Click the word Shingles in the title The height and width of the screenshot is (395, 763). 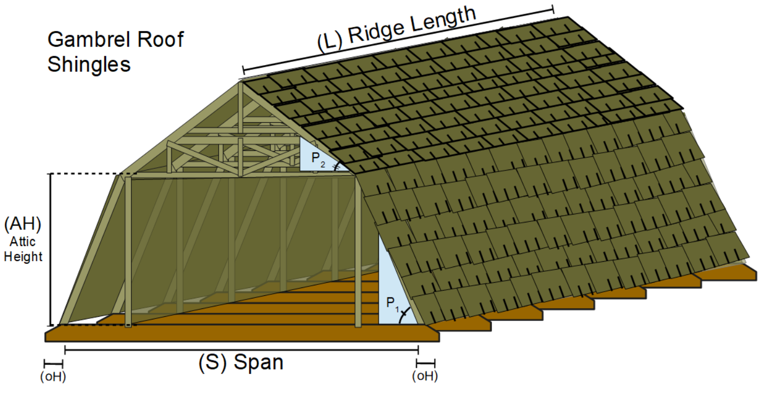point(89,64)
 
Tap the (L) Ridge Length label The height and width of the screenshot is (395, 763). point(397,31)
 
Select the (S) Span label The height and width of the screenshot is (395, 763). point(241,362)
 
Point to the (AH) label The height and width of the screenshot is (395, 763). point(23,224)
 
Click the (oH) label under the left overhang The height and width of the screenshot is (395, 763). point(53,376)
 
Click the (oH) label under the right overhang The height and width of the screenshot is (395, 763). point(426,376)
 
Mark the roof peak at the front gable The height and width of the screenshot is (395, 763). point(240,81)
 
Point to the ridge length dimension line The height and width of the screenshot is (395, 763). point(397,39)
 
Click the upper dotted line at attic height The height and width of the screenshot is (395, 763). point(87,174)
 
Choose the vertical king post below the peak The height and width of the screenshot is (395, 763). point(240,131)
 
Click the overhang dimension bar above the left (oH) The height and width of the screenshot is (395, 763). point(54,362)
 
